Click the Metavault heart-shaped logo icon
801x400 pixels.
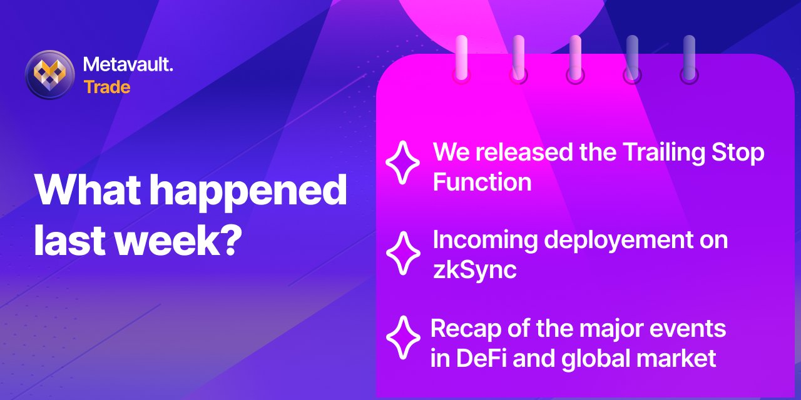point(49,74)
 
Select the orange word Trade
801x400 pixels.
point(107,87)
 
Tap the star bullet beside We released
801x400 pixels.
point(402,162)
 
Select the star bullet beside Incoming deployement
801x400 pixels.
point(404,253)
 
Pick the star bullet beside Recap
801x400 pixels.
point(404,337)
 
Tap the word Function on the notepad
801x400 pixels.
point(482,182)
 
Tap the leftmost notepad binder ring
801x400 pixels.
point(461,59)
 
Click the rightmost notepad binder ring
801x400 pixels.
point(689,59)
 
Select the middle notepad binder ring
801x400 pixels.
point(575,59)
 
